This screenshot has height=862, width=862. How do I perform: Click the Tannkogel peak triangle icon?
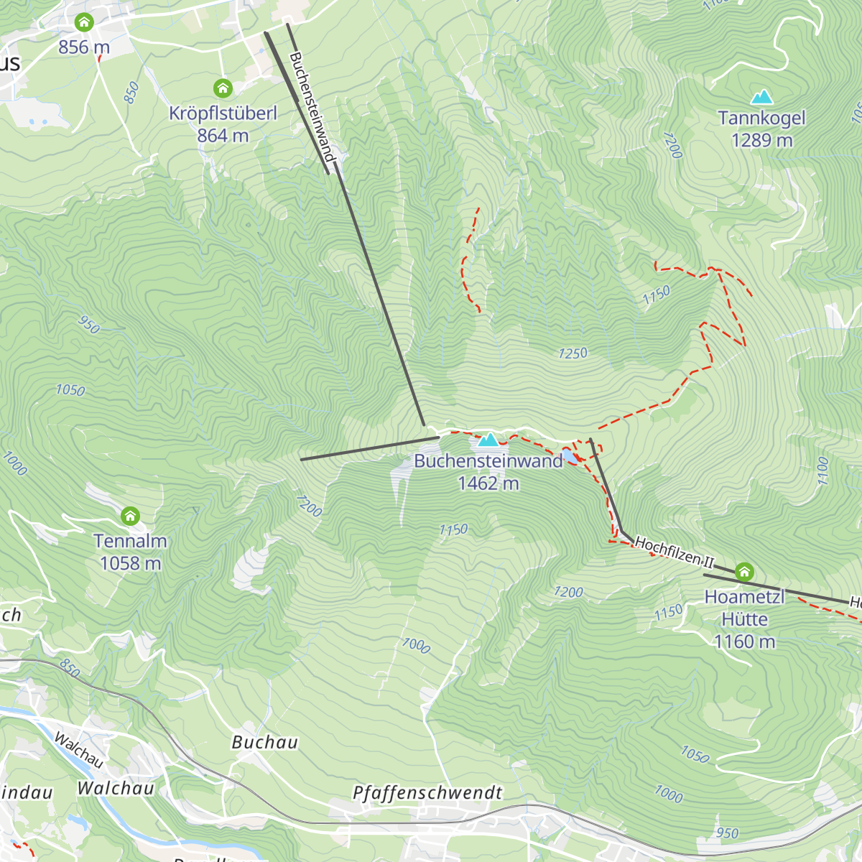761,97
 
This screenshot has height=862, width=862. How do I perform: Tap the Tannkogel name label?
761,118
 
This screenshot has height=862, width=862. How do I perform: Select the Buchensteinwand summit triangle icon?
488,439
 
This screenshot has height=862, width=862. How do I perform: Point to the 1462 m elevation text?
488,483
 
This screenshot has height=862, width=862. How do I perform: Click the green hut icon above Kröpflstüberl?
223,88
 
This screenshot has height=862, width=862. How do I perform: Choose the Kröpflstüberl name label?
223,113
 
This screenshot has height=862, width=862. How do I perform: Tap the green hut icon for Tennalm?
130,516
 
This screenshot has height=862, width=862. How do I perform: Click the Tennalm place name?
130,541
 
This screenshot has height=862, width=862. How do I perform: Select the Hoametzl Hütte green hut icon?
744,572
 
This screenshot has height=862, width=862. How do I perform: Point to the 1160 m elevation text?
744,641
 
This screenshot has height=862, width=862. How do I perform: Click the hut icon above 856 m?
84,22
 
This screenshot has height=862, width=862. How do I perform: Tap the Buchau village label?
264,742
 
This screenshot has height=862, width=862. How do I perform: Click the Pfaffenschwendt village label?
427,792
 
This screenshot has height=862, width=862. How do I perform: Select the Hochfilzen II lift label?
674,552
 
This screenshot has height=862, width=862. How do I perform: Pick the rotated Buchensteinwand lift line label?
312,106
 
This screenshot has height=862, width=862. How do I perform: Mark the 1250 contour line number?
573,353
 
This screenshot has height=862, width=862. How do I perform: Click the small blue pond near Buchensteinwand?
569,456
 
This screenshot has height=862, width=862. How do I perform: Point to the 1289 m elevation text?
761,140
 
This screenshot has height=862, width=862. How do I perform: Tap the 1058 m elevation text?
130,563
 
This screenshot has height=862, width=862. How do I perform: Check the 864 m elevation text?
223,135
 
